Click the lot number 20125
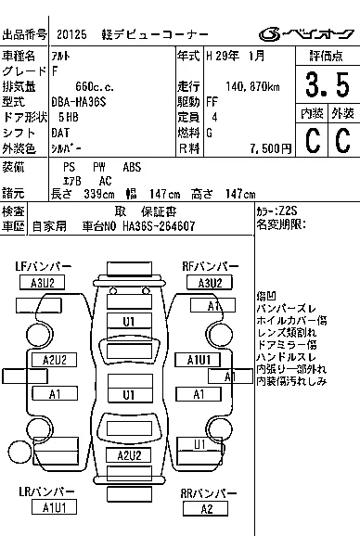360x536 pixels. pyautogui.click(x=71, y=34)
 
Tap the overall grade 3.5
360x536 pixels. pyautogui.click(x=328, y=84)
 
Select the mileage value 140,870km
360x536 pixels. pyautogui.click(x=252, y=86)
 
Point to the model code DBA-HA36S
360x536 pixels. pyautogui.click(x=79, y=102)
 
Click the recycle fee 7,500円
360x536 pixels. pyautogui.click(x=270, y=148)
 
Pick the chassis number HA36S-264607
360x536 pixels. pyautogui.click(x=159, y=226)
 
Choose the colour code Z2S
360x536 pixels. pyautogui.click(x=288, y=211)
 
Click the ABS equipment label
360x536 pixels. pyautogui.click(x=132, y=167)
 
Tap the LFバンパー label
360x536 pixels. pyautogui.click(x=44, y=266)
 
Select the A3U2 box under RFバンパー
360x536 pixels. pyautogui.click(x=210, y=283)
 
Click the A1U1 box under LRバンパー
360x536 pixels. pyautogui.click(x=54, y=507)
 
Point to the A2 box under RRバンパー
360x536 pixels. pyautogui.click(x=205, y=509)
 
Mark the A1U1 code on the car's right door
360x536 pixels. pyautogui.click(x=198, y=360)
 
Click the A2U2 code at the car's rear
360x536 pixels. pyautogui.click(x=129, y=455)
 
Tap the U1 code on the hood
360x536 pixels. pyautogui.click(x=129, y=322)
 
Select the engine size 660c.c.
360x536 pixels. pyautogui.click(x=95, y=86)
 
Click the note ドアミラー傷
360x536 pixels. pyautogui.click(x=287, y=345)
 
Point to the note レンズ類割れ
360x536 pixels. pyautogui.click(x=287, y=332)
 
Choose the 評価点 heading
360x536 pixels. pyautogui.click(x=327, y=56)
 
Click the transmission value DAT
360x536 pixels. pyautogui.click(x=60, y=133)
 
